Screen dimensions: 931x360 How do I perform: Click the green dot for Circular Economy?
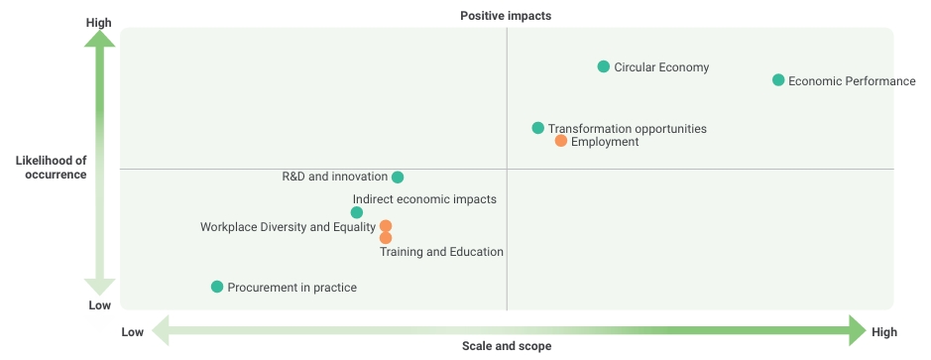(603, 66)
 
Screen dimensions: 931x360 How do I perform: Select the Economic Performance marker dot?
(778, 80)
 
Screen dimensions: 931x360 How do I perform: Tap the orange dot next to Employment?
(561, 141)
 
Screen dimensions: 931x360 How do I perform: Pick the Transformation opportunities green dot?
(538, 128)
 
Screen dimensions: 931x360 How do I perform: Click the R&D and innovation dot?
(398, 178)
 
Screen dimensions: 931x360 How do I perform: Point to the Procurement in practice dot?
(217, 287)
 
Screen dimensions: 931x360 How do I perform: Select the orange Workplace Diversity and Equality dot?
(386, 226)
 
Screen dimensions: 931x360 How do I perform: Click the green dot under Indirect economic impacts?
(357, 212)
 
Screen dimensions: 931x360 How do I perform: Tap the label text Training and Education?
(442, 252)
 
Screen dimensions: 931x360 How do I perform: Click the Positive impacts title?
(506, 16)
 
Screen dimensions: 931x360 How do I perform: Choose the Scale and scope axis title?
(507, 346)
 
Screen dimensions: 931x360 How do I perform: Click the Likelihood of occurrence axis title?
(52, 168)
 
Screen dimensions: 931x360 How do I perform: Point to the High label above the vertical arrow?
(98, 23)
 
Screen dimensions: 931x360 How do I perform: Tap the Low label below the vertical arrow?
(100, 305)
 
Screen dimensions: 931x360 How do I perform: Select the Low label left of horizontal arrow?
(133, 332)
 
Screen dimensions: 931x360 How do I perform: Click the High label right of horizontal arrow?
(884, 332)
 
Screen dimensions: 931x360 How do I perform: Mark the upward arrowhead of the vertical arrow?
(100, 39)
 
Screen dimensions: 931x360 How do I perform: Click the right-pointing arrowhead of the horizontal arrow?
(858, 330)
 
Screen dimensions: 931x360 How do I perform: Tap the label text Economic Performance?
(852, 81)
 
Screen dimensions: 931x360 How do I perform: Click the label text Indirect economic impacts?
(424, 199)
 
